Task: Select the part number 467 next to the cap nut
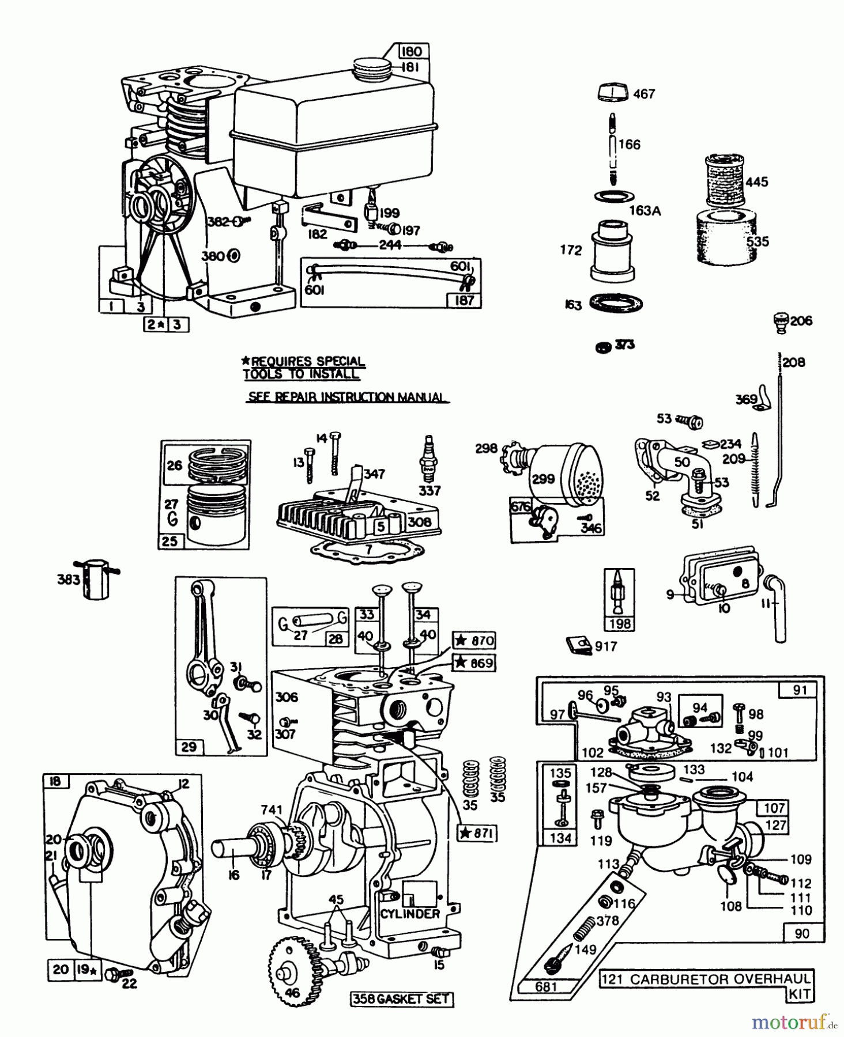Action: click(x=644, y=93)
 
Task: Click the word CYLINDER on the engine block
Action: click(x=410, y=914)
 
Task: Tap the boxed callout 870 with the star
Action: click(x=474, y=641)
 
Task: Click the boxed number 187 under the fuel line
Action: click(x=464, y=300)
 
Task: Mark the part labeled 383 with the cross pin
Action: click(x=94, y=578)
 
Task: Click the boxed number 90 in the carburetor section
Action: click(x=801, y=933)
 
